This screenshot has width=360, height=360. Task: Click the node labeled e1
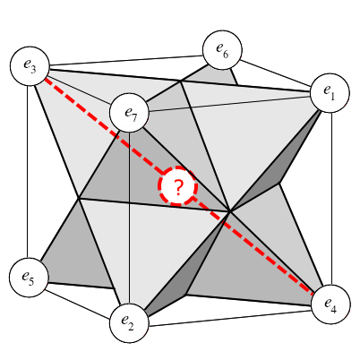click(x=330, y=93)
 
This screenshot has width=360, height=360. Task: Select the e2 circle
click(x=129, y=323)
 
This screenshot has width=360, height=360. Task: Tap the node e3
click(x=30, y=65)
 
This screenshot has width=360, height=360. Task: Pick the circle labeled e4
click(x=330, y=304)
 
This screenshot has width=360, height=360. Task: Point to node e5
click(x=29, y=277)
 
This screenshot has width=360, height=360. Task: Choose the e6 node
click(x=222, y=49)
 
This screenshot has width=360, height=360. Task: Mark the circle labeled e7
click(x=129, y=113)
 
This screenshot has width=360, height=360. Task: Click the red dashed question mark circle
click(x=178, y=186)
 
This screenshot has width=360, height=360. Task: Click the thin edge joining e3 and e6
click(x=126, y=60)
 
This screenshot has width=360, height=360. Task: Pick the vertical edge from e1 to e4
click(x=331, y=199)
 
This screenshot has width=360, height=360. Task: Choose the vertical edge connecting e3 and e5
click(x=28, y=171)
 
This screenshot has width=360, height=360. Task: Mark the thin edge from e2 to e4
click(x=230, y=319)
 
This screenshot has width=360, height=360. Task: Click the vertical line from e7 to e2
click(x=129, y=218)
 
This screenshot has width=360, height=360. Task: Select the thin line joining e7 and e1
click(x=229, y=104)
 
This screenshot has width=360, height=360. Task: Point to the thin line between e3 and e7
click(x=79, y=88)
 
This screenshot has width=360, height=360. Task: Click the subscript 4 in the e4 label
click(x=333, y=309)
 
